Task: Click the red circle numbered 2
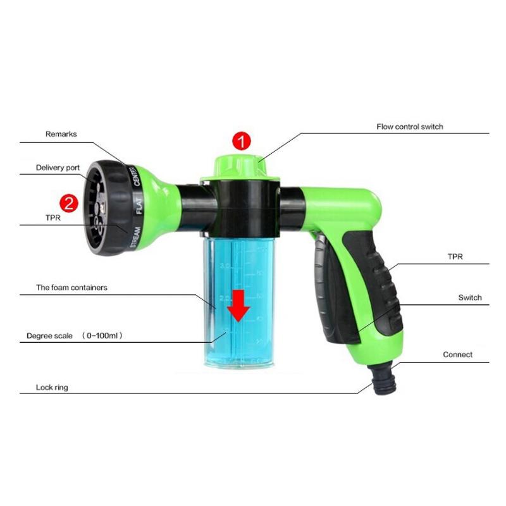(x=68, y=203)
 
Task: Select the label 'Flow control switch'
(x=410, y=126)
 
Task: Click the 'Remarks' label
(x=61, y=134)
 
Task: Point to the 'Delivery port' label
(x=58, y=168)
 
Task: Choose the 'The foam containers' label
(x=71, y=287)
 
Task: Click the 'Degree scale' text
(x=50, y=336)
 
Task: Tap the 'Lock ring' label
(x=52, y=387)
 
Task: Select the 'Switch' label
(x=470, y=297)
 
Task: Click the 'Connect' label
(x=457, y=354)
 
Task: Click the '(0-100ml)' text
(x=102, y=336)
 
